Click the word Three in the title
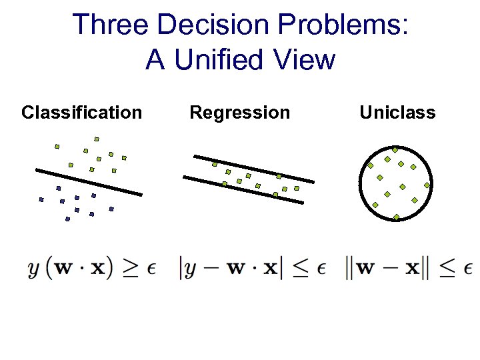(110, 25)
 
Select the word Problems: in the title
(353, 26)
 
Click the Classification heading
(81, 113)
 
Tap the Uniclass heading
(397, 113)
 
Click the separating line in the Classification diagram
(89, 182)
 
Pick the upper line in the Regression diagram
(253, 169)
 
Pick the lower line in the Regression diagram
(243, 189)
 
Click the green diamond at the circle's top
(395, 150)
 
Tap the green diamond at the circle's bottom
(396, 217)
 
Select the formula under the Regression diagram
(252, 268)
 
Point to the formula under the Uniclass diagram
(409, 268)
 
